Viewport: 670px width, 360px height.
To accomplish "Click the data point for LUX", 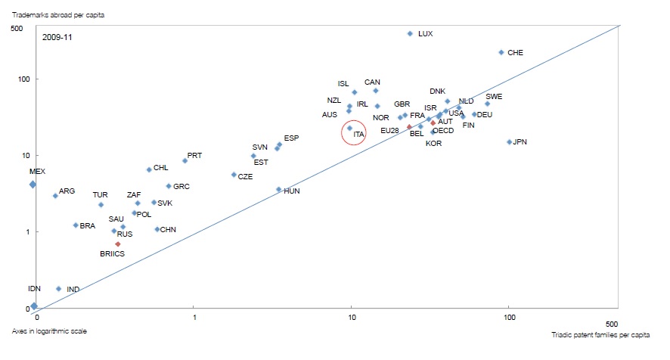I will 410,34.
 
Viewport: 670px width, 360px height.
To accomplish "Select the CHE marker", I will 501,53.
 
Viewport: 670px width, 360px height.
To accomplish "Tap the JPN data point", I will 510,142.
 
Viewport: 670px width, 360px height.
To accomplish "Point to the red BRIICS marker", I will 118,244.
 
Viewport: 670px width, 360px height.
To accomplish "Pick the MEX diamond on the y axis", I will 33,184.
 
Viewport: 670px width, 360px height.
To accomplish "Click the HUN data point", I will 279,190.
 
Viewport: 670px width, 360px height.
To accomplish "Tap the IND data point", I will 58,289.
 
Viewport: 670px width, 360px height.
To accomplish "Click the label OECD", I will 443,131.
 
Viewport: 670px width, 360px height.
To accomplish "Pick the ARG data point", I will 55,196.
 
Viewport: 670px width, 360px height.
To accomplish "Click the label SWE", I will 494,97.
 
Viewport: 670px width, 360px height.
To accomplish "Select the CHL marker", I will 149,169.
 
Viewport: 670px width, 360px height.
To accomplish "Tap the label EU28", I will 389,130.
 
